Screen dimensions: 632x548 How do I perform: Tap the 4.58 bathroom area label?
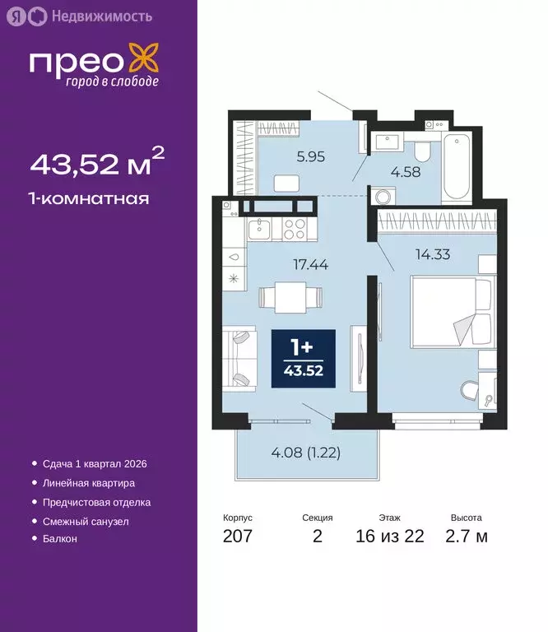405,171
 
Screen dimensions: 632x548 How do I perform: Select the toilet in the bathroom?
420,148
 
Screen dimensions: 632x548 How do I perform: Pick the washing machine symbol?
383,197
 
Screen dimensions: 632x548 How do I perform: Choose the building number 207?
237,537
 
